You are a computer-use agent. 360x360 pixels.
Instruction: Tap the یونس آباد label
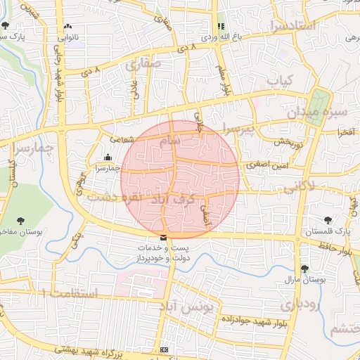tap(191, 309)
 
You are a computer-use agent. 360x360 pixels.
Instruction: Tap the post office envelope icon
tap(164, 238)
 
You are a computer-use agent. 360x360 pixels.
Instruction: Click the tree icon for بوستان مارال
tap(304, 269)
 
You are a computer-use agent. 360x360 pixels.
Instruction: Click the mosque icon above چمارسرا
tap(107, 157)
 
